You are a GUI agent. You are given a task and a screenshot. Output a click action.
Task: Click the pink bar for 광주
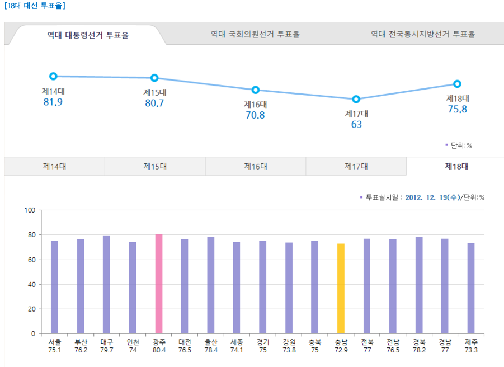(158, 284)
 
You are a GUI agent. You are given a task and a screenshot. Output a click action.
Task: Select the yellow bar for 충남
(341, 288)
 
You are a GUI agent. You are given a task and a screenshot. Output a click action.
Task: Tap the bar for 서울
(54, 287)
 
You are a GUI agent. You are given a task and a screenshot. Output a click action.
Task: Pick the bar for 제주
(471, 288)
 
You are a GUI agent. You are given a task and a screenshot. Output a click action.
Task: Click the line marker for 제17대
(356, 100)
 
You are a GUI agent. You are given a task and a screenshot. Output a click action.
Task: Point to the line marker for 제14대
(53, 76)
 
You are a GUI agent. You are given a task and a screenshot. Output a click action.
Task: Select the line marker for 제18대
(457, 84)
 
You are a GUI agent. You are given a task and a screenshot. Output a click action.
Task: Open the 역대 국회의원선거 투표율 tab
(255, 34)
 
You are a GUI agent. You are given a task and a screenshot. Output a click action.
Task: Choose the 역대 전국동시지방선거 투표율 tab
(423, 34)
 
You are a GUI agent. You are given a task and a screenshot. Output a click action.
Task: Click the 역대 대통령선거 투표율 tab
(88, 35)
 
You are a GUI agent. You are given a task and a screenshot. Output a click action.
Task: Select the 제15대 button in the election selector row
(155, 166)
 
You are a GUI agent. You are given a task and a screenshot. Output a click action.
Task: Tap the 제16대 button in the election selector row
(255, 166)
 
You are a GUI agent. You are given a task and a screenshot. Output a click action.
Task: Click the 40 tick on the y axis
(32, 284)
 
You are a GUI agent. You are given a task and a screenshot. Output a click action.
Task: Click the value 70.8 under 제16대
(255, 115)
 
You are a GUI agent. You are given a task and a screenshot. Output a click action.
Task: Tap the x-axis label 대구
(106, 341)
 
